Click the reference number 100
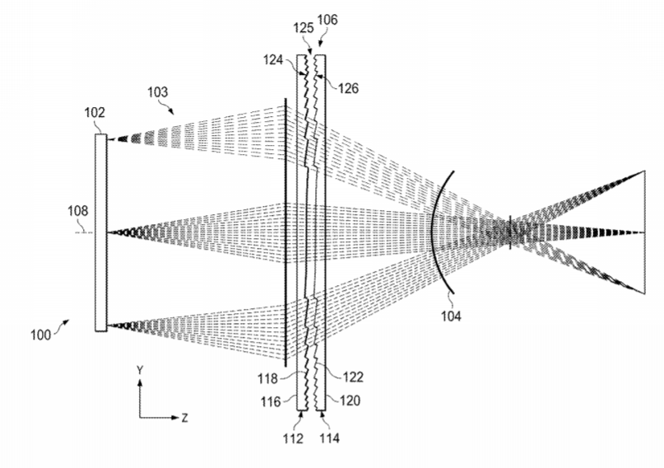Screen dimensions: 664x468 tap(40, 335)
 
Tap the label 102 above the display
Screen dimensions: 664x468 tap(95, 112)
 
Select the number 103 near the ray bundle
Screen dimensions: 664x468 tap(157, 92)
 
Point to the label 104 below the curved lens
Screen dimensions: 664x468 tap(451, 316)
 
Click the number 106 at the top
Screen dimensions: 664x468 tap(327, 20)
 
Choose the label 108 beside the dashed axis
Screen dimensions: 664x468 tap(78, 211)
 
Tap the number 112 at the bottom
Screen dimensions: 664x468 tap(294, 438)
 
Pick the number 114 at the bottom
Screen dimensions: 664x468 tap(329, 438)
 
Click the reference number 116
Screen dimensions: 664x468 tap(270, 401)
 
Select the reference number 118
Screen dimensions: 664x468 tap(267, 378)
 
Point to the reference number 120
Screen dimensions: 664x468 tap(351, 400)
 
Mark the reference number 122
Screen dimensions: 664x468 tap(353, 377)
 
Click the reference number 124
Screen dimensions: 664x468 tap(273, 60)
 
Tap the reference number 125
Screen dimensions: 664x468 tap(304, 28)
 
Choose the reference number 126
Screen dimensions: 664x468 tap(349, 88)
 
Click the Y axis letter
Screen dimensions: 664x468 tap(140, 371)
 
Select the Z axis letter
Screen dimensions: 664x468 tap(184, 418)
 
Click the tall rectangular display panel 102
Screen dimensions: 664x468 tap(100, 232)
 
